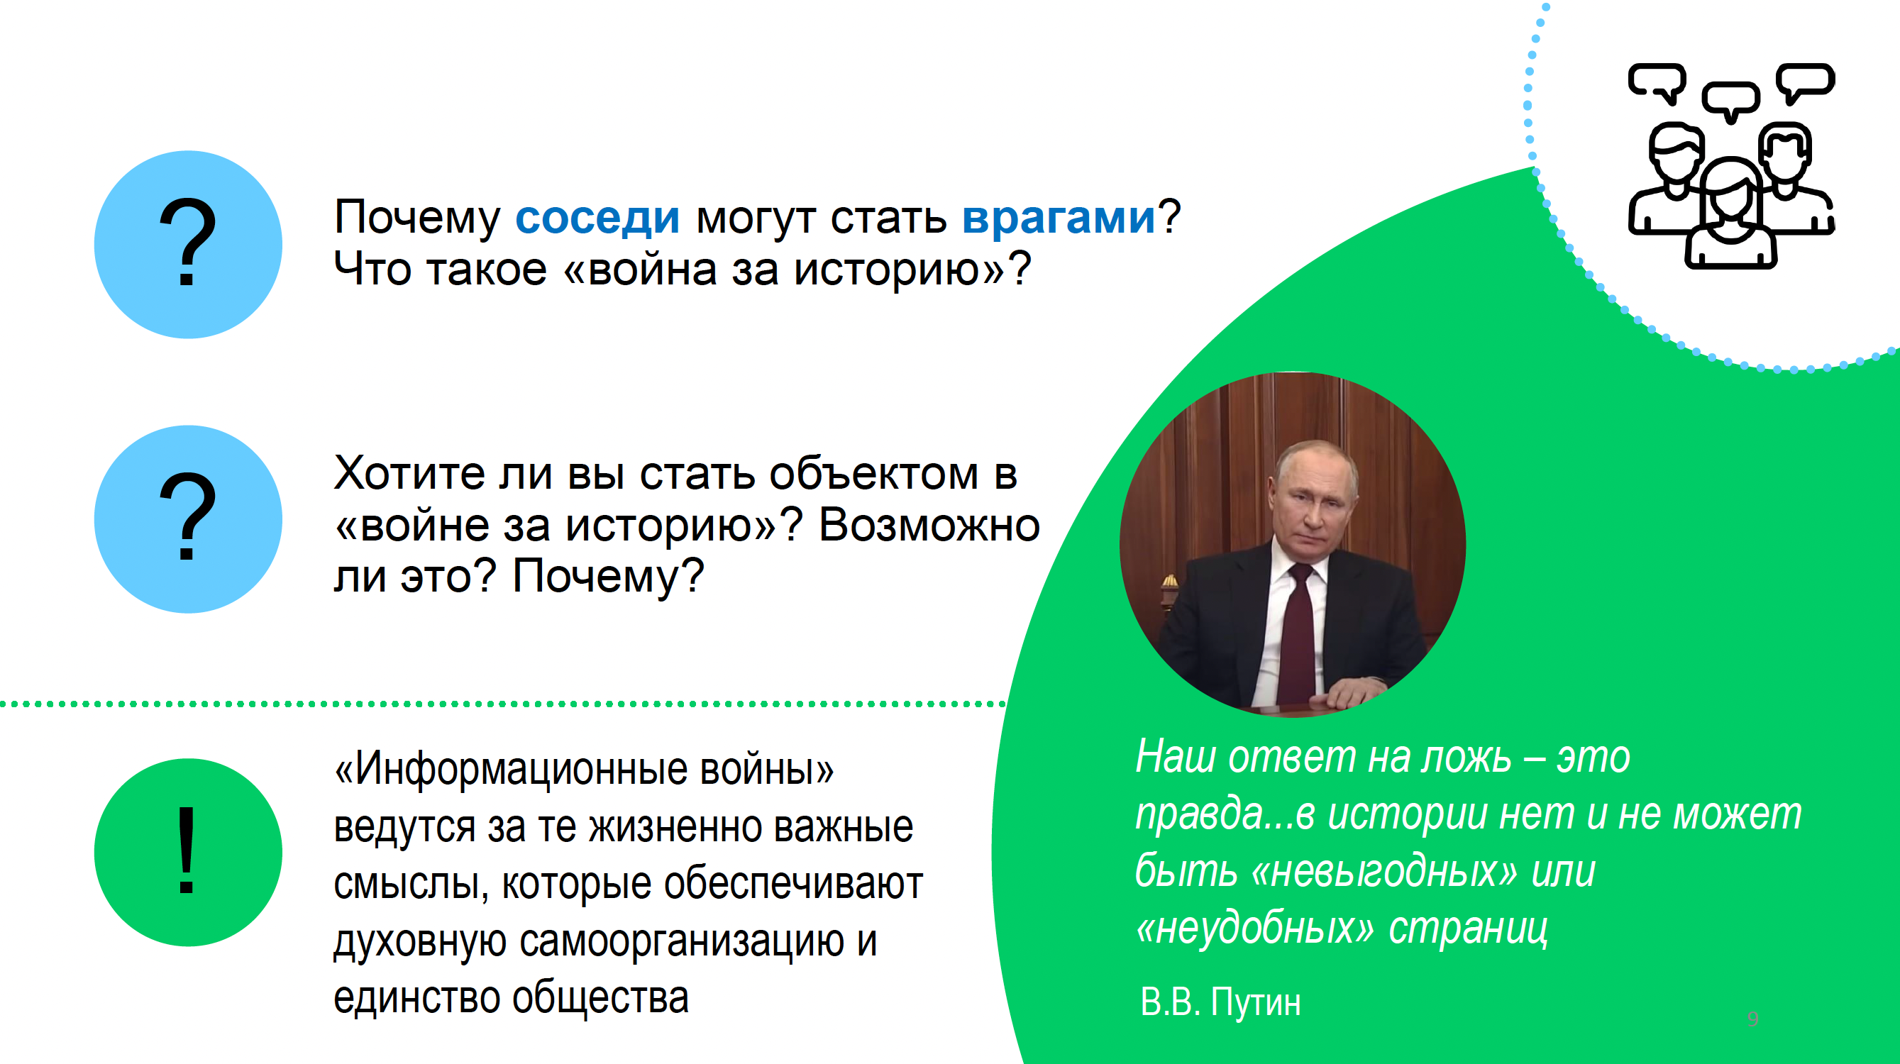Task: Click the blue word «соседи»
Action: point(597,218)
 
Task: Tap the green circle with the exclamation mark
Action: point(188,852)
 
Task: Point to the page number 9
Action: point(1752,1019)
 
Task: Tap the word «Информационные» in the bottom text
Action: point(521,769)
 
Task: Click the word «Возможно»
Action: point(929,525)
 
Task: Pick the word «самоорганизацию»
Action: point(682,941)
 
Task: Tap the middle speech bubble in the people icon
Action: point(1730,101)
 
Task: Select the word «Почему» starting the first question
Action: point(416,219)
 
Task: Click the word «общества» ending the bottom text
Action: point(600,997)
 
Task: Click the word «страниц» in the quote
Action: point(1468,929)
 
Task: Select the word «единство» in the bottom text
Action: point(416,997)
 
